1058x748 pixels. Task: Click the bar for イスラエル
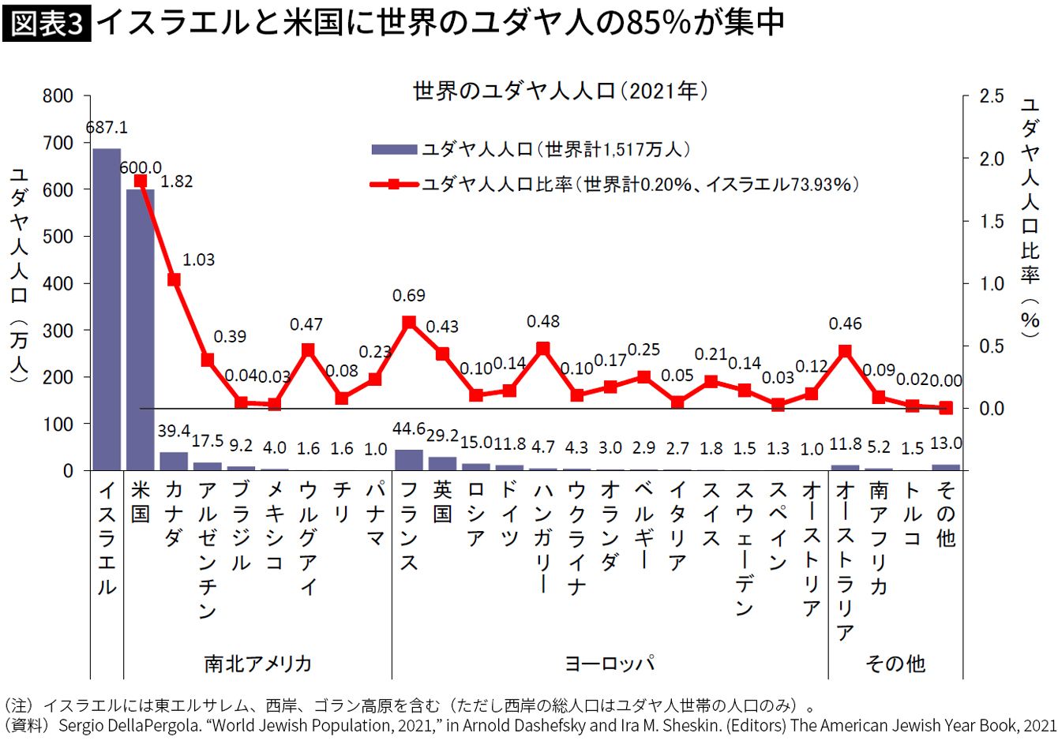[107, 309]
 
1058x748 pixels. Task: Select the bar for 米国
[140, 330]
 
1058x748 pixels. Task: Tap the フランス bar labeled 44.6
[409, 460]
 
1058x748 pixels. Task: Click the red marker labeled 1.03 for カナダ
[174, 280]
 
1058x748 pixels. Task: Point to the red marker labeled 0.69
[409, 323]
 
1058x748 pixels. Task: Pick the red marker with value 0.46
[846, 351]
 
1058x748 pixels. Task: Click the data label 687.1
[106, 128]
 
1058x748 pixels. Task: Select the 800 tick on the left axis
[57, 96]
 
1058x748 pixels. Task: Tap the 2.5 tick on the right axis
[992, 96]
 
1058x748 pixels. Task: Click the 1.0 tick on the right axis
[992, 283]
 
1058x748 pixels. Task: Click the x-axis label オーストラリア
[846, 560]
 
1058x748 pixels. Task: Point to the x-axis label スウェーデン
[745, 548]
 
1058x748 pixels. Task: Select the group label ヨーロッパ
[610, 664]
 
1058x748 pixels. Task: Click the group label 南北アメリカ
[257, 664]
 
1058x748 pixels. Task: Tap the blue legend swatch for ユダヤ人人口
[394, 149]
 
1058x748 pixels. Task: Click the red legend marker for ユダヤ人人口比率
[394, 185]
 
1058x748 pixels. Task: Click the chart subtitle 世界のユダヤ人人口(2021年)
[560, 92]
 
